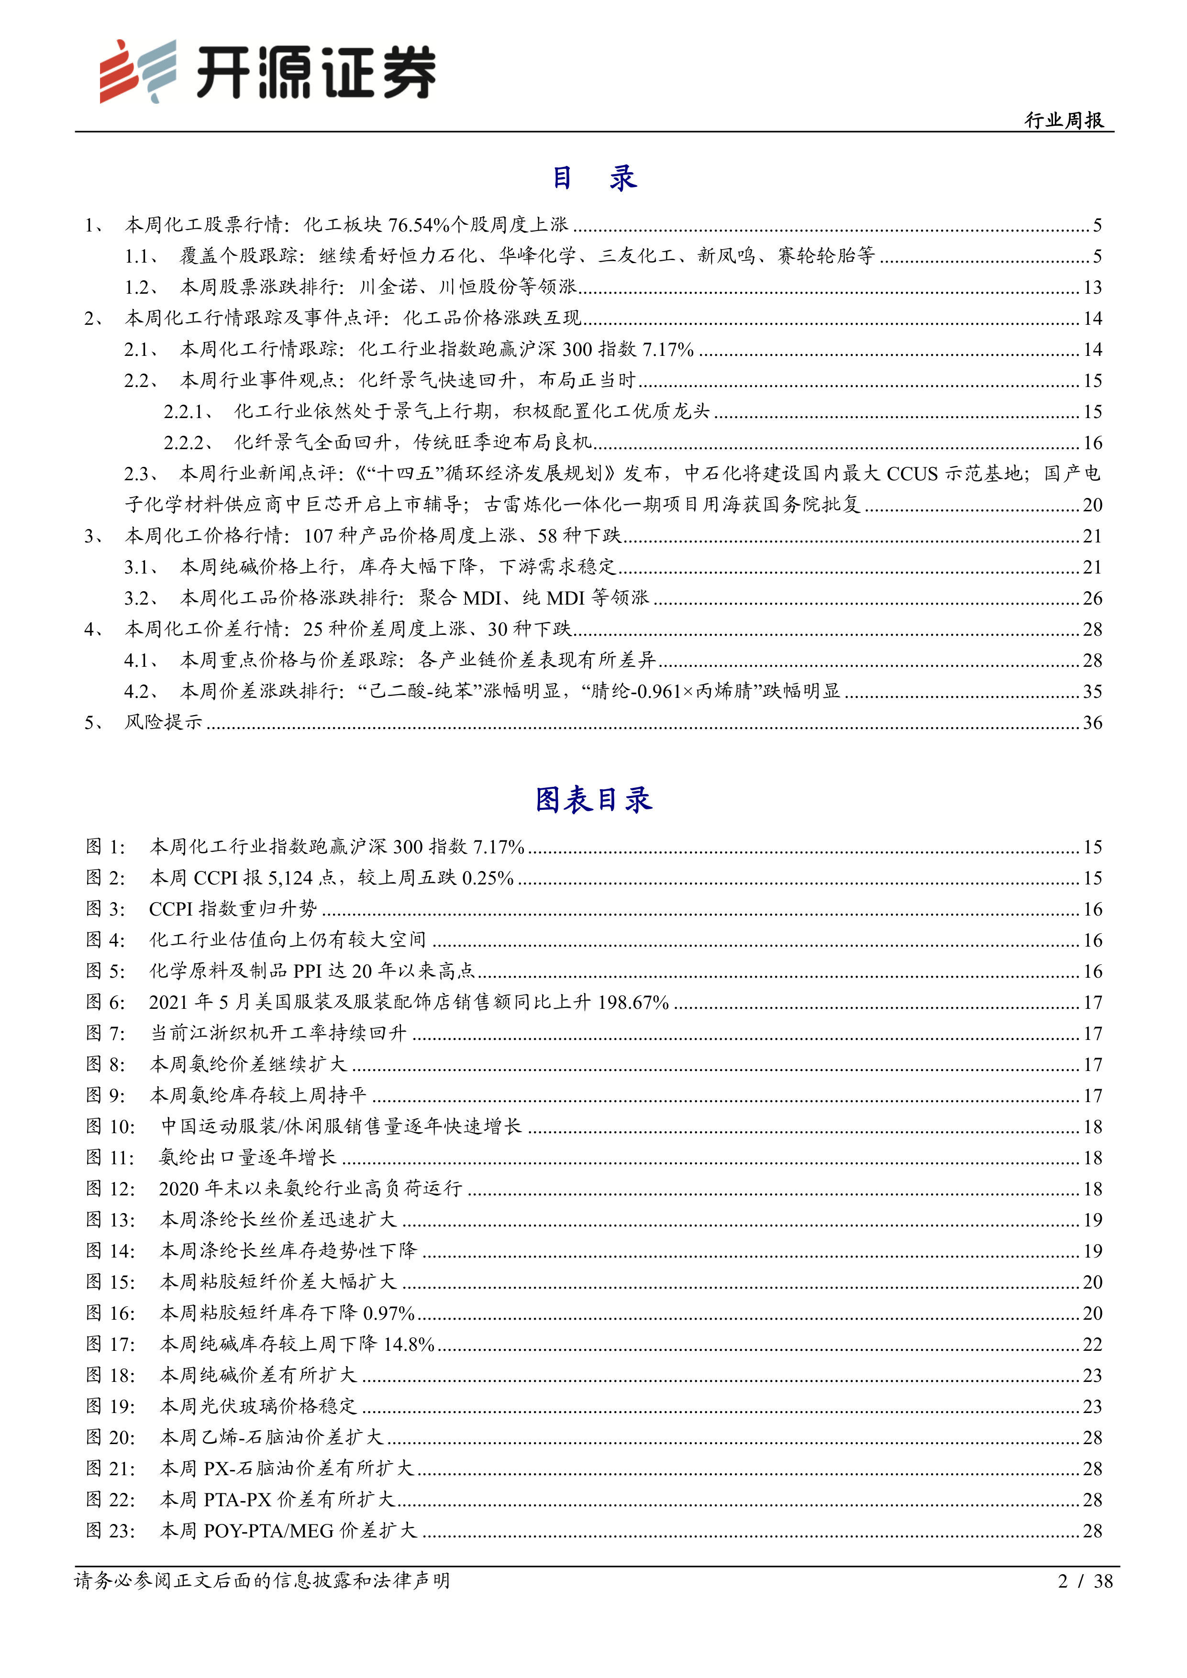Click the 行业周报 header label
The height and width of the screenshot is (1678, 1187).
pyautogui.click(x=1064, y=120)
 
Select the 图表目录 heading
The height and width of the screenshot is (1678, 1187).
pyautogui.click(x=593, y=799)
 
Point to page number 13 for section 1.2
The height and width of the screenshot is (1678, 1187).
pyautogui.click(x=1092, y=287)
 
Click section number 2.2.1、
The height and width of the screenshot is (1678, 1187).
pyautogui.click(x=189, y=411)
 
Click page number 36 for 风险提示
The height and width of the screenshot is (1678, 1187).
pyautogui.click(x=1092, y=723)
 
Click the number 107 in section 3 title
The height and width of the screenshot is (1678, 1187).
pyautogui.click(x=319, y=536)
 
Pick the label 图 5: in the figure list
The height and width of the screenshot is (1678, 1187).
pyautogui.click(x=105, y=971)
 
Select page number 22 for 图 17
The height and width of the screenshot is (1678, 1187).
pyautogui.click(x=1092, y=1344)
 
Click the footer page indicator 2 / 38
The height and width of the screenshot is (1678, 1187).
pyautogui.click(x=1085, y=1581)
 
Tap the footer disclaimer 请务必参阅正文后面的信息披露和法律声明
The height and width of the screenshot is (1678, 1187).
pyautogui.click(x=262, y=1581)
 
